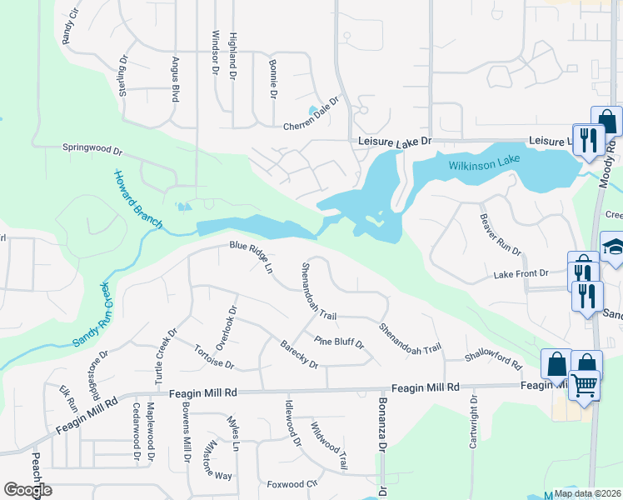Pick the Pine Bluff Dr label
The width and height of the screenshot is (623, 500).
point(340,342)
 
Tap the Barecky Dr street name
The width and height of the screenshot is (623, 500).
point(299,356)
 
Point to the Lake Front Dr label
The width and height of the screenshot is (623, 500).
point(521,273)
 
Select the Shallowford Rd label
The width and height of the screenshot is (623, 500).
point(493,360)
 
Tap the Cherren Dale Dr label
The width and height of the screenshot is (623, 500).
point(312,114)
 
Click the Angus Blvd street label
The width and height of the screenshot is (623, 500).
point(176,82)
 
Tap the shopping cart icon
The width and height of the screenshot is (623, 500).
point(585,385)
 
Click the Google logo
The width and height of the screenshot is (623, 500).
point(27,490)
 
